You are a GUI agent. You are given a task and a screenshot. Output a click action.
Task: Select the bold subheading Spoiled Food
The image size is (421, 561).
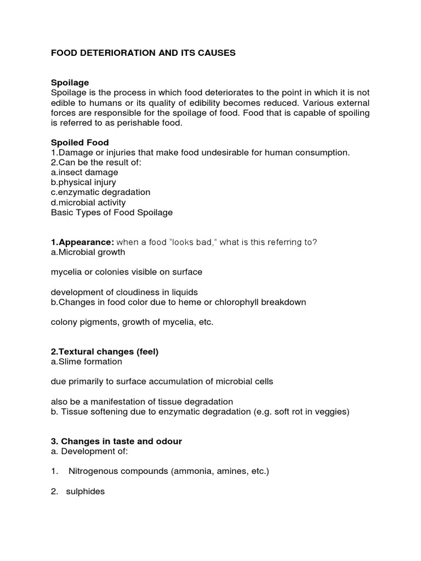point(79,142)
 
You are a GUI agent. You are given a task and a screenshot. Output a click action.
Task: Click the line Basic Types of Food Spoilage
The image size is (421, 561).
point(112,213)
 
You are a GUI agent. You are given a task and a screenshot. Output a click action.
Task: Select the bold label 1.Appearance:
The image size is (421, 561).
point(82,242)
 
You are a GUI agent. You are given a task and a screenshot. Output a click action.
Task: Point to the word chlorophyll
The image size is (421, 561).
point(241,302)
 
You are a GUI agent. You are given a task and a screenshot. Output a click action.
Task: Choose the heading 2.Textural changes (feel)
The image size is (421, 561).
point(105,352)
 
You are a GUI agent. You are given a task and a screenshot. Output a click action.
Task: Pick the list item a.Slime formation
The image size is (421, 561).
point(87,362)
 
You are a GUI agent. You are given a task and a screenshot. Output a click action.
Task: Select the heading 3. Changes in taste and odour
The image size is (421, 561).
point(116,442)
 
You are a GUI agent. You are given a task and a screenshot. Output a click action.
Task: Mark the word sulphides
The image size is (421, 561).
point(85,491)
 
